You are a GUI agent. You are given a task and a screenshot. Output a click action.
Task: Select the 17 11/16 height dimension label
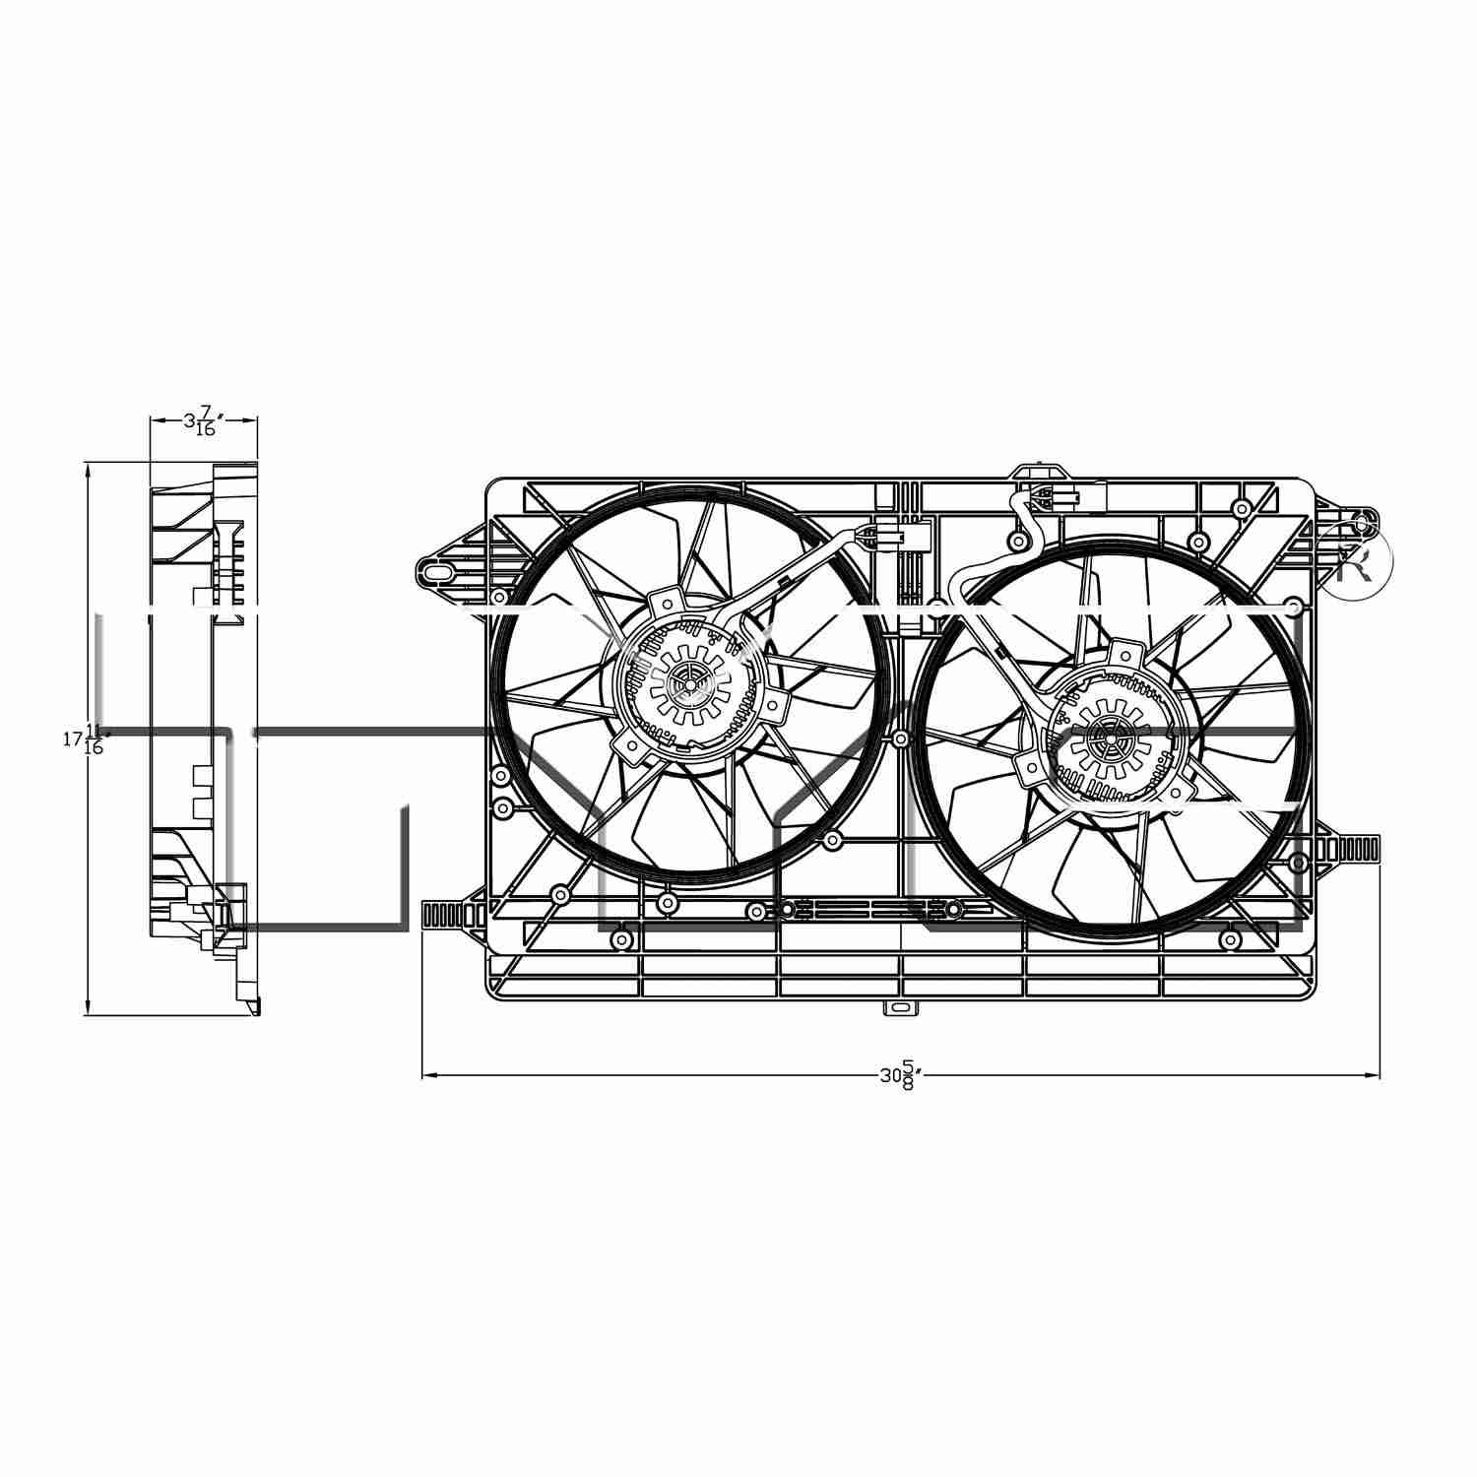[85, 738]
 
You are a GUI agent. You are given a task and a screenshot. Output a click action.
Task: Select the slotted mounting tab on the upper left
[438, 570]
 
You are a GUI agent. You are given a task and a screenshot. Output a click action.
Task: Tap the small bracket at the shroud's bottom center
[899, 1008]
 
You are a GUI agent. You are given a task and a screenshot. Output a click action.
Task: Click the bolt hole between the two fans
[900, 738]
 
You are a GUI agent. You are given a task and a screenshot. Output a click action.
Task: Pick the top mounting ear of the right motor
[1124, 651]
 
